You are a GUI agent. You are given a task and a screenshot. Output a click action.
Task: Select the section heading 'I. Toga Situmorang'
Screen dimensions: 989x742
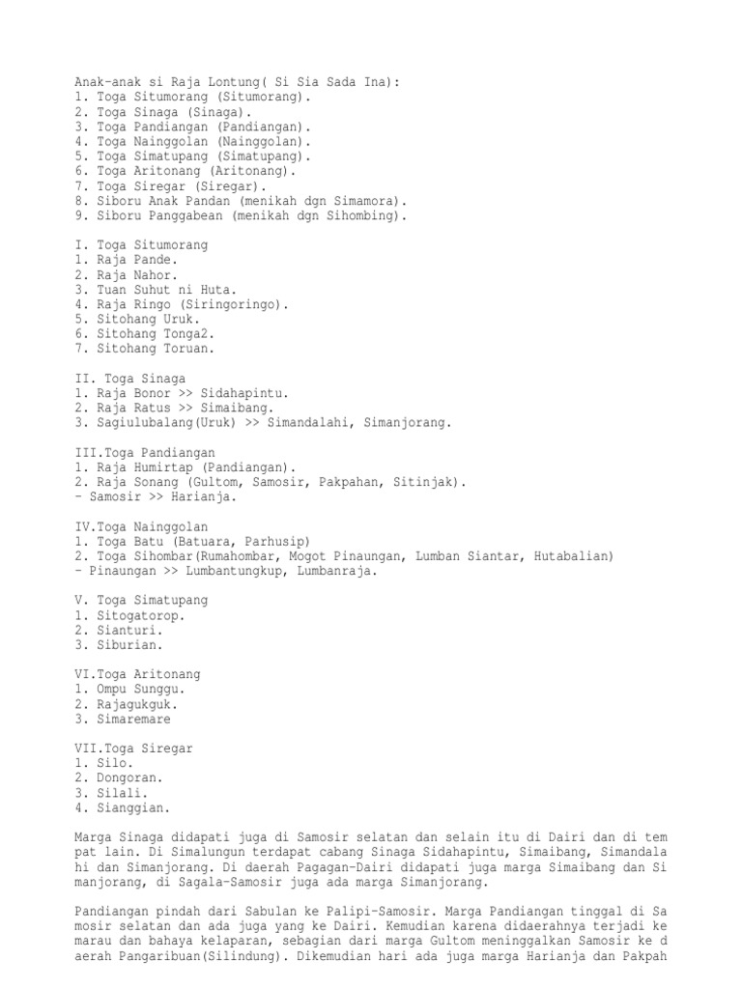pyautogui.click(x=141, y=245)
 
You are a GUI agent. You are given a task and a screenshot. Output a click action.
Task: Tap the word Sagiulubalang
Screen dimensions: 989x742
pyautogui.click(x=145, y=423)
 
